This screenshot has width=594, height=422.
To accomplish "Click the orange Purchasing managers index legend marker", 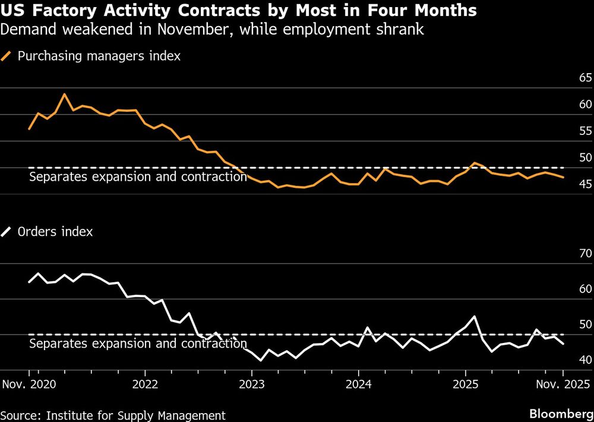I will pyautogui.click(x=7, y=56).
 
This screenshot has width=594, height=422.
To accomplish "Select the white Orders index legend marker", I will pyautogui.click(x=7, y=232).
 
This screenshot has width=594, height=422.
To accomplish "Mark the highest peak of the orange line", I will pyautogui.click(x=64, y=94).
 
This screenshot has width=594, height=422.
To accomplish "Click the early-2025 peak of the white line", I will pyautogui.click(x=474, y=316).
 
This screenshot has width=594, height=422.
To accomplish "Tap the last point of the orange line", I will pyautogui.click(x=563, y=178).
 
